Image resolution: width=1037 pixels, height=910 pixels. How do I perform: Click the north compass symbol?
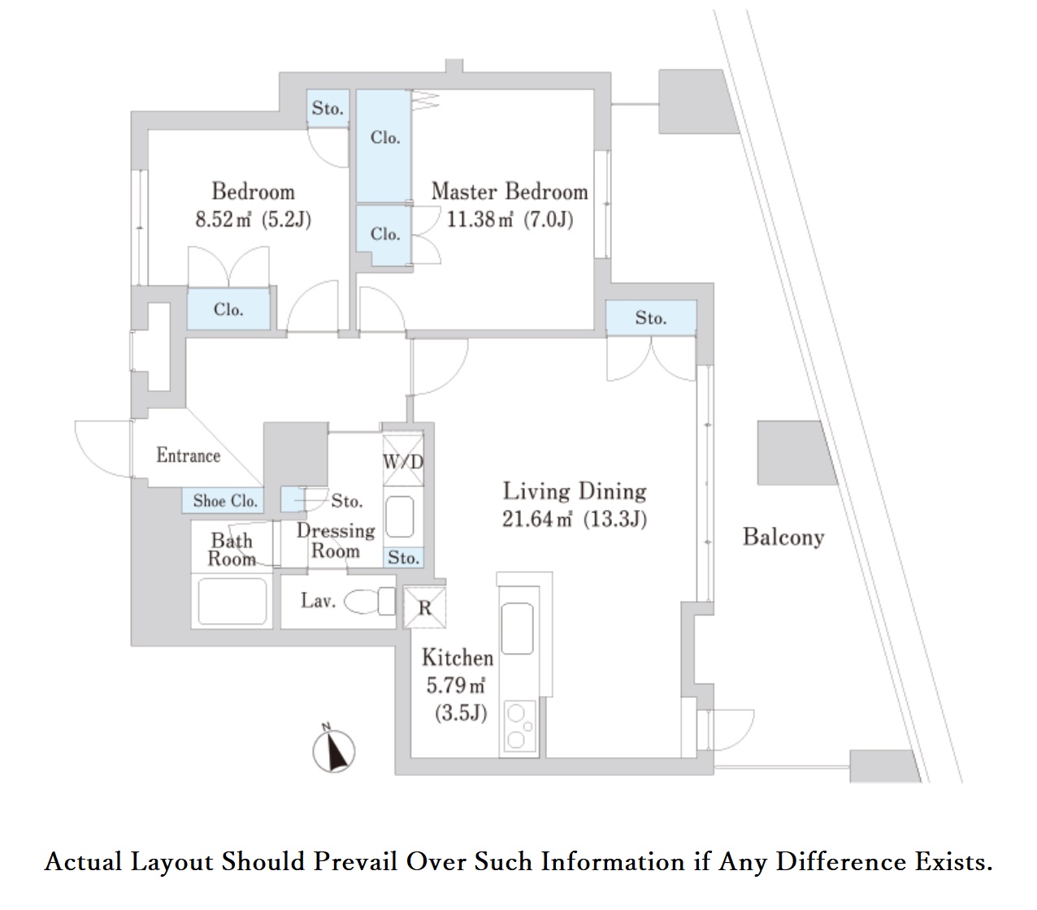[334, 751]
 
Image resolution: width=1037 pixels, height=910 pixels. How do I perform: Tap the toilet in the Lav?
[370, 602]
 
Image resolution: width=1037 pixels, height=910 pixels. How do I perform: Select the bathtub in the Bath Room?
[232, 602]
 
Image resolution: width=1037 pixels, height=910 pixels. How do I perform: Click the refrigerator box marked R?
[424, 607]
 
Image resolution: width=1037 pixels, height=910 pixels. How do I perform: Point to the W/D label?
[403, 462]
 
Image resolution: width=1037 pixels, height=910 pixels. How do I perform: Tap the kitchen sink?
[518, 628]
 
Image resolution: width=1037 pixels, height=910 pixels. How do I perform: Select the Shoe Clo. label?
[225, 501]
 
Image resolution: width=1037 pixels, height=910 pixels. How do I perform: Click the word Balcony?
[783, 537]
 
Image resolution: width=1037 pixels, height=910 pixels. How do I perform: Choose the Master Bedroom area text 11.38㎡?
[479, 220]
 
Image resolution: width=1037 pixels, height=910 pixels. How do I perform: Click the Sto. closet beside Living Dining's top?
[651, 318]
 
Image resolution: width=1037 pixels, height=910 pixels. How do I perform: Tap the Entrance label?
[188, 455]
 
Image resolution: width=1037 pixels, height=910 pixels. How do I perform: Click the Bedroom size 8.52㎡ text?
[223, 220]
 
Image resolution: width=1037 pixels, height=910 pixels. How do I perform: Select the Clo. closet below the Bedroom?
[228, 310]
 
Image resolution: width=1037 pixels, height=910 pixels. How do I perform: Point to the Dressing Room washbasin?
[400, 516]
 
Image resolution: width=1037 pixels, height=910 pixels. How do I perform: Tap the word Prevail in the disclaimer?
[355, 861]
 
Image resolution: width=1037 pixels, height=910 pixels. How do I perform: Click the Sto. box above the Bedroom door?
[328, 108]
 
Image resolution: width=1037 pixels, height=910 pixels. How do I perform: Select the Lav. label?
[318, 601]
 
